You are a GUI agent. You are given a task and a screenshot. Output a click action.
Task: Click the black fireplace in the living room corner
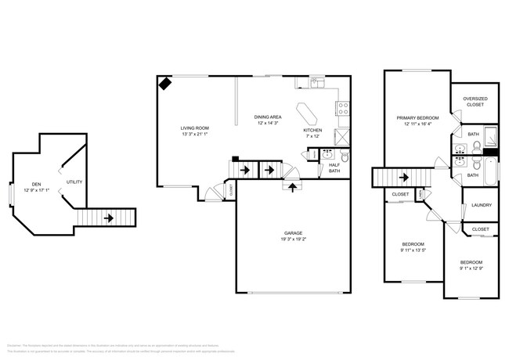pyautogui.click(x=165, y=83)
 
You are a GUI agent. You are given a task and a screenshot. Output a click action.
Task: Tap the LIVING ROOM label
pyautogui.click(x=194, y=128)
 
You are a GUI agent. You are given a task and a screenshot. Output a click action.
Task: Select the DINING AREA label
pyautogui.click(x=269, y=117)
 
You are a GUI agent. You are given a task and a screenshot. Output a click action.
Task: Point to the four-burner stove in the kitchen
pyautogui.click(x=342, y=109)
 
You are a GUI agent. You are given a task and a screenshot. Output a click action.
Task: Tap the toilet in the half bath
pyautogui.click(x=327, y=155)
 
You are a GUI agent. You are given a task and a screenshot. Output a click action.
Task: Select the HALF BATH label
pyautogui.click(x=334, y=167)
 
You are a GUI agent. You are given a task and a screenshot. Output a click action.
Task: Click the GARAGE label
pyautogui.click(x=294, y=234)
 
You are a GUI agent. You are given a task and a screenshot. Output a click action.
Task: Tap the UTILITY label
pyautogui.click(x=74, y=182)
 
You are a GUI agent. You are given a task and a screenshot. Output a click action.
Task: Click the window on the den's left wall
pyautogui.click(x=10, y=192)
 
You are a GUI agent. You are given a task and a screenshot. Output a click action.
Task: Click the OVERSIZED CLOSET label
pyautogui.click(x=475, y=101)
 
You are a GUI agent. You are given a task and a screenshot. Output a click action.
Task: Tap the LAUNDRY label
pyautogui.click(x=481, y=205)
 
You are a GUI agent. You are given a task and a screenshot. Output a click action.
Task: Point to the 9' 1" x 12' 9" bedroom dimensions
pyautogui.click(x=471, y=268)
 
